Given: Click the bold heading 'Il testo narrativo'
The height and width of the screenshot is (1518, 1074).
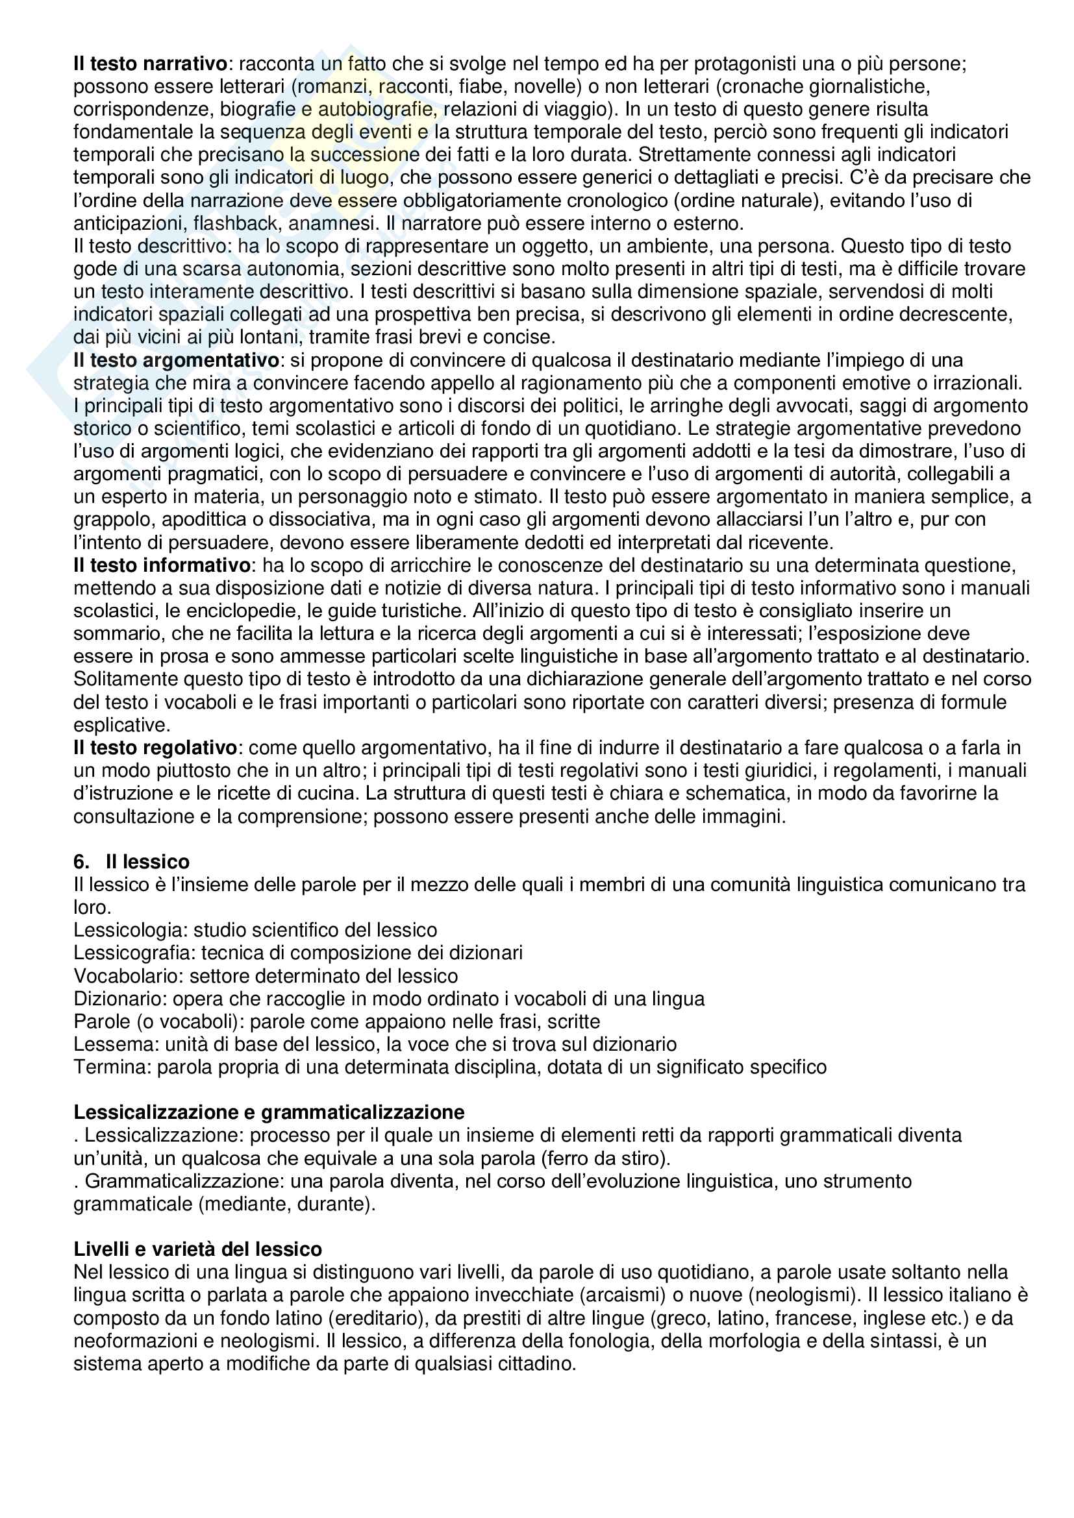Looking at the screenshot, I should pyautogui.click(x=150, y=64).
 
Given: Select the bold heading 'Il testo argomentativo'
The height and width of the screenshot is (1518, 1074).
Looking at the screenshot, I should pyautogui.click(x=176, y=360).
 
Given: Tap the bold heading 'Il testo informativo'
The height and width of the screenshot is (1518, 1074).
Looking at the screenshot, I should pyautogui.click(x=162, y=565).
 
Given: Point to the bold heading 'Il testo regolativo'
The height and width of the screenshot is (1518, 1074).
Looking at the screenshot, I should pyautogui.click(x=155, y=748).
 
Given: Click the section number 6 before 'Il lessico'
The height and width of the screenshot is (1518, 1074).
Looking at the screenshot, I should pyautogui.click(x=81, y=861).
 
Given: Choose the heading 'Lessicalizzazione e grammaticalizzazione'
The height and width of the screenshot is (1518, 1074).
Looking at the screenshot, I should pyautogui.click(x=269, y=1112).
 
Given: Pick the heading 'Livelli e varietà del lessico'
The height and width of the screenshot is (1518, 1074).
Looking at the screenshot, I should pyautogui.click(x=198, y=1249).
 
